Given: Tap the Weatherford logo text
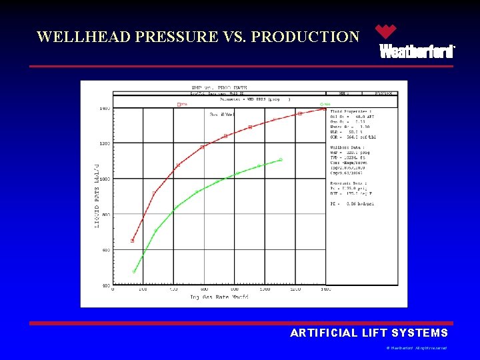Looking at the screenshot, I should click(417, 51).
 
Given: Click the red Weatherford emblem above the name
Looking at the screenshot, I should click(385, 31).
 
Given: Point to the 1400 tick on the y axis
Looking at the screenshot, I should click(105, 108).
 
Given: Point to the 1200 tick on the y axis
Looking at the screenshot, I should click(105, 143).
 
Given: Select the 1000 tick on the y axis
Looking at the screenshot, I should click(105, 179).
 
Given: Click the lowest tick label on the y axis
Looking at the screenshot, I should click(105, 285).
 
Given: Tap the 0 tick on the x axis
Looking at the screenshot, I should click(113, 290).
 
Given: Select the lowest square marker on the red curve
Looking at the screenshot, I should click(133, 241).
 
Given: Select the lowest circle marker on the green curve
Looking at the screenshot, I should click(134, 271).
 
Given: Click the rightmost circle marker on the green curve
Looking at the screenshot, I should click(281, 159).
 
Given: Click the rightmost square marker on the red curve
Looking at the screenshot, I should click(325, 108).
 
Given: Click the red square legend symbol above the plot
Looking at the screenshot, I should click(179, 104).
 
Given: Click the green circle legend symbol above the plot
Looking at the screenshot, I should click(321, 104).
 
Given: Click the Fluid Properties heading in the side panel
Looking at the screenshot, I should click(352, 111).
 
